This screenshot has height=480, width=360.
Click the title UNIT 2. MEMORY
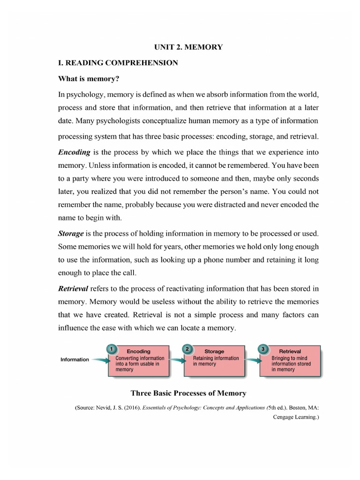point(188,47)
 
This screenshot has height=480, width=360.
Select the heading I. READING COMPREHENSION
point(118,63)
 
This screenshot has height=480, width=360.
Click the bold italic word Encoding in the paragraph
point(74,152)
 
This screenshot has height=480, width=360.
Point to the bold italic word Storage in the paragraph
point(71,233)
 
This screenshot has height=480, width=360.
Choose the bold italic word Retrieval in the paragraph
point(73,288)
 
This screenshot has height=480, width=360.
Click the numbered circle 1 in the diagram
point(111,349)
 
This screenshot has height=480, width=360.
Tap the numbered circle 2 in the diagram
point(187,349)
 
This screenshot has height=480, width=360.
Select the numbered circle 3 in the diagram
point(263,349)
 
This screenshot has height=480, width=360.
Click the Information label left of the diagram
point(75,360)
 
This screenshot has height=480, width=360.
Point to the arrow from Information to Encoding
point(99,360)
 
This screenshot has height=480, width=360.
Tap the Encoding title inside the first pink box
point(139,351)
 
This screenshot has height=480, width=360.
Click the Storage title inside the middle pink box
point(214,351)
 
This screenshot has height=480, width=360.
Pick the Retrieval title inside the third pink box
point(290,351)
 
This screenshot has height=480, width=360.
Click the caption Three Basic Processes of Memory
point(188,393)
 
